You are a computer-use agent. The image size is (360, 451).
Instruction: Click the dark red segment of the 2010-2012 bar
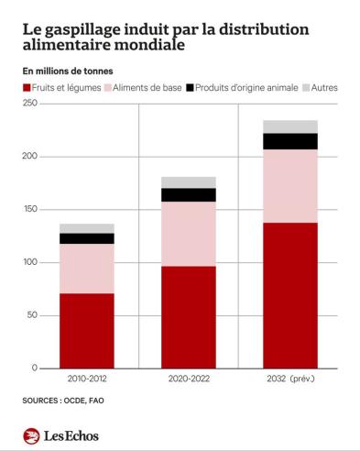click(x=87, y=331)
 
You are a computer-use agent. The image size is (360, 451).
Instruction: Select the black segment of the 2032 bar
click(x=290, y=141)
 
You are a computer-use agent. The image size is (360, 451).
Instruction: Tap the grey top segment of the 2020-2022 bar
click(x=189, y=182)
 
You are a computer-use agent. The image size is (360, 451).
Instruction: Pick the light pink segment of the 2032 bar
click(x=290, y=186)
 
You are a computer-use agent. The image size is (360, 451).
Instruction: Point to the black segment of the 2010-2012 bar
click(x=87, y=238)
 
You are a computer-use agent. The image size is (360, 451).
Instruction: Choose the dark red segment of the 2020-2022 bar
click(x=189, y=317)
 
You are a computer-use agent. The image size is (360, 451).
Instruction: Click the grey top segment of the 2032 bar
click(x=290, y=126)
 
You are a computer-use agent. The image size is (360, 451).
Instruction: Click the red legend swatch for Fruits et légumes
click(x=27, y=88)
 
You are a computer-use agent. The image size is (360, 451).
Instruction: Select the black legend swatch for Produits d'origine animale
click(x=190, y=88)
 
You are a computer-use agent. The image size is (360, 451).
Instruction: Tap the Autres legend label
click(x=324, y=88)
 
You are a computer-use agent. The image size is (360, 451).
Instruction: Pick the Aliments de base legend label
click(x=147, y=88)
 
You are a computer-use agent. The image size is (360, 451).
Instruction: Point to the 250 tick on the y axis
click(x=30, y=104)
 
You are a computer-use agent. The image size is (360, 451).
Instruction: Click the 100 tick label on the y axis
click(x=30, y=262)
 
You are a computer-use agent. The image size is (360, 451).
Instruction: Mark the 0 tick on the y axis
click(x=35, y=368)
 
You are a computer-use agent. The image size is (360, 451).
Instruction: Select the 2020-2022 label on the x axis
click(x=189, y=379)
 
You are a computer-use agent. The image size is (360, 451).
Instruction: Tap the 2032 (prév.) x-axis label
click(x=290, y=379)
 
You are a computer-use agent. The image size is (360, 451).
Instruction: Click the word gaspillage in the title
click(x=84, y=30)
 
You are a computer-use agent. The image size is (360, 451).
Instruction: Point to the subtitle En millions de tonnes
click(x=68, y=71)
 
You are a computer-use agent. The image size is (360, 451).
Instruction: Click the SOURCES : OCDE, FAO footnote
click(x=63, y=401)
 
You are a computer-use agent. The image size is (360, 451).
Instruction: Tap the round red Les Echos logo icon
click(x=31, y=436)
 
